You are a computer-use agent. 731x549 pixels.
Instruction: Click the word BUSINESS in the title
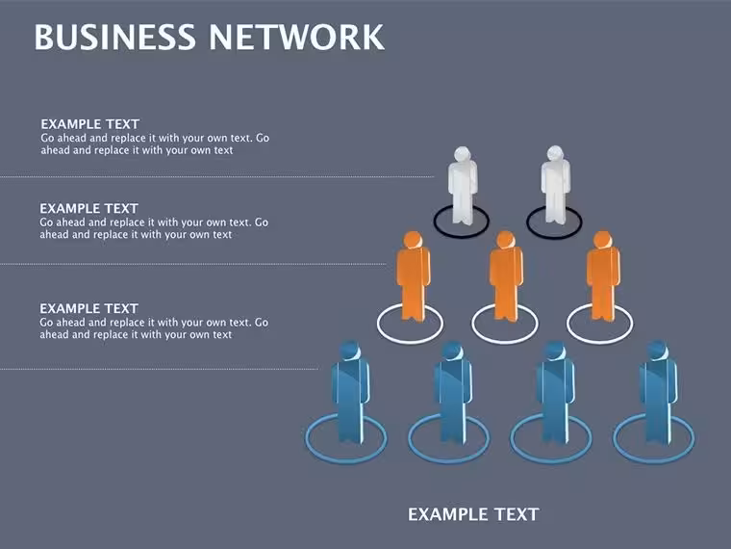tap(114, 37)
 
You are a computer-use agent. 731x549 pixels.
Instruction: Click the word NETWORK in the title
tap(297, 37)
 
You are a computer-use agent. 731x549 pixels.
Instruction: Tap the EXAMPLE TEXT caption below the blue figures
tap(473, 514)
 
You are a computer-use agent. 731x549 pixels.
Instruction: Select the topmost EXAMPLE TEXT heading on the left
tap(90, 124)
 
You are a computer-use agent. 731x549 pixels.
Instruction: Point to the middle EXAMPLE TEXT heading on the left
tap(89, 208)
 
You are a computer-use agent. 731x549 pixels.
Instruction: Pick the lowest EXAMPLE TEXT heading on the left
tap(89, 308)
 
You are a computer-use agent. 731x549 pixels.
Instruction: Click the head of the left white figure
tap(462, 154)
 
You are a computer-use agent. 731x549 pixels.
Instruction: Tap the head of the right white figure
tap(555, 153)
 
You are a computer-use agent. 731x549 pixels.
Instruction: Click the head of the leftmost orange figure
tap(413, 240)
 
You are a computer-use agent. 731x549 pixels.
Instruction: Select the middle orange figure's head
tap(505, 240)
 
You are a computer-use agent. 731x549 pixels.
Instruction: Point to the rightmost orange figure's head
tap(602, 240)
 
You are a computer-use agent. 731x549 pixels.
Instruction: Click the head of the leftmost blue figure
tap(350, 351)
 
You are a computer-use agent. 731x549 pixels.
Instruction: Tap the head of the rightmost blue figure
tap(657, 351)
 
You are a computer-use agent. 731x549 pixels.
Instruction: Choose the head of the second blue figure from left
tap(452, 351)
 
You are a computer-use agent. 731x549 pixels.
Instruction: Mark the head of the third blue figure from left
tap(555, 351)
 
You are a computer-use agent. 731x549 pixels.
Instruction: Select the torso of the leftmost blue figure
tap(350, 382)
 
